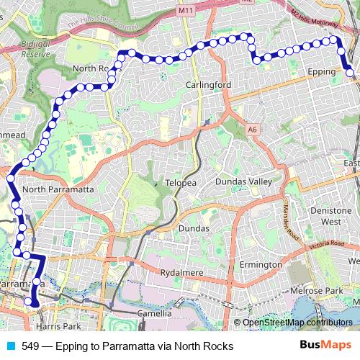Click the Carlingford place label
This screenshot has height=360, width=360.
point(207,84)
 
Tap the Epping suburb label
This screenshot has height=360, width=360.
point(322,73)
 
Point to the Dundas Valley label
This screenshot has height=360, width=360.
point(244,182)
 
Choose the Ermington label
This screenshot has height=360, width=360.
point(261,265)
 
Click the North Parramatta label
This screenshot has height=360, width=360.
point(58,189)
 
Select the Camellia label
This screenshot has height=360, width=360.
point(155,314)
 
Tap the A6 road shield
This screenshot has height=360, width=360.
point(251,129)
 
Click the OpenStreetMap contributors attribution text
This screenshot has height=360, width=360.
point(297,323)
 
